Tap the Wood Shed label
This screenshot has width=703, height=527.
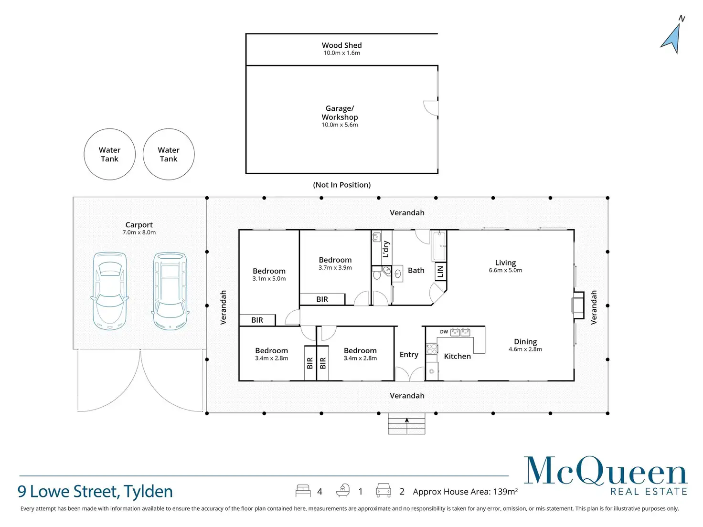(x=341, y=45)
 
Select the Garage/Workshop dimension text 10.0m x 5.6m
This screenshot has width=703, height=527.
(x=340, y=125)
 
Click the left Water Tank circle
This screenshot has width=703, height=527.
(x=109, y=154)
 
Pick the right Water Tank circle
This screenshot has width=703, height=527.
(x=169, y=154)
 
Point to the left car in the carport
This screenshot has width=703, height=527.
(x=109, y=291)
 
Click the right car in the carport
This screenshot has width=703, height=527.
(x=170, y=291)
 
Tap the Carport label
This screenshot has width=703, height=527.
(x=139, y=225)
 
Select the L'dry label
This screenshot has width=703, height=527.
(x=386, y=249)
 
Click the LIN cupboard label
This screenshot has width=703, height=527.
(x=440, y=272)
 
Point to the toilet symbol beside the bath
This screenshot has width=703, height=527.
(x=377, y=274)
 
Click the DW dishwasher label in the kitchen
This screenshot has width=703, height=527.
(x=444, y=332)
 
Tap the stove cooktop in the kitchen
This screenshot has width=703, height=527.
(x=432, y=349)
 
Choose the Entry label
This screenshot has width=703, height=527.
(x=409, y=355)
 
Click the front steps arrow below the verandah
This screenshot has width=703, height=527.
(x=407, y=421)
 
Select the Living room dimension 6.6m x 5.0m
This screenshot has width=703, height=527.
(x=505, y=271)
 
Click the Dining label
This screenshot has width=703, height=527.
(x=525, y=342)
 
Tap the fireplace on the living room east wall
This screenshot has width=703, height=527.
(x=578, y=305)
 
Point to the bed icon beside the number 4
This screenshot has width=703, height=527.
(x=303, y=491)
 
